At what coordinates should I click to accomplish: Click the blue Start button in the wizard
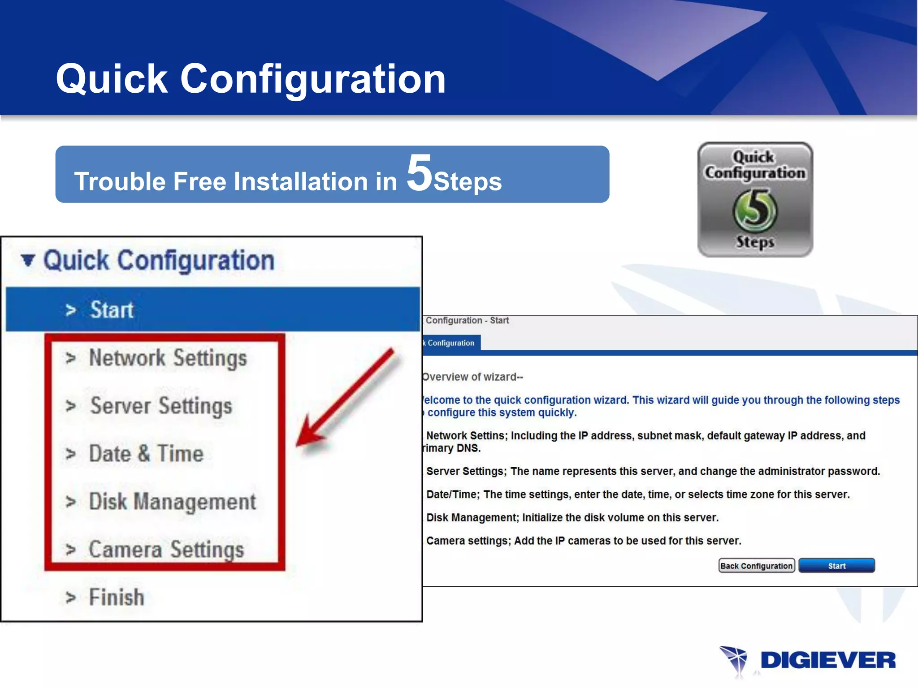point(836,566)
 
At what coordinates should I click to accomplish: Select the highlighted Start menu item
point(112,310)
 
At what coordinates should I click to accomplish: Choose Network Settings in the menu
point(168,358)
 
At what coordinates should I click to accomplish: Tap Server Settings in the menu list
point(161,406)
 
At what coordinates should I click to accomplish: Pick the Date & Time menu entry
point(146,454)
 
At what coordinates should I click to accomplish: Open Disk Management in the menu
point(173,502)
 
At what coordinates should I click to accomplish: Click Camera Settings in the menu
point(166,550)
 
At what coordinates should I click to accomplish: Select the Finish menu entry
point(117,598)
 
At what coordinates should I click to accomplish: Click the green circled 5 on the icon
point(755,211)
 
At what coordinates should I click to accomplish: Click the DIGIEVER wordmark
point(828,661)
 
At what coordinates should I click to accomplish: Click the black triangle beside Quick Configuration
point(28,260)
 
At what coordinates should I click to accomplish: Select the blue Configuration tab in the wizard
point(450,343)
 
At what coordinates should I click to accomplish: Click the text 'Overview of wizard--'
point(473,377)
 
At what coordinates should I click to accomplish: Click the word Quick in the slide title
point(112,79)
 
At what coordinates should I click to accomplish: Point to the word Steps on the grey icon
point(755,242)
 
